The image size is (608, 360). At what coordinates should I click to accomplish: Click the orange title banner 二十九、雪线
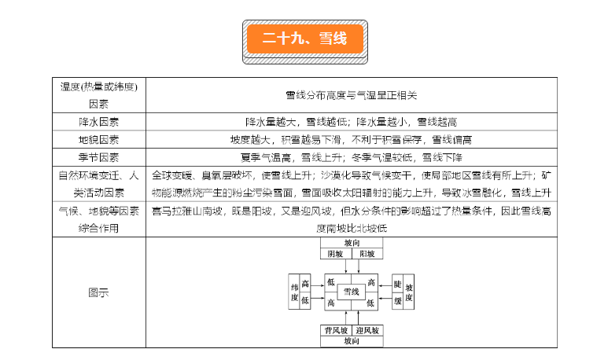304,39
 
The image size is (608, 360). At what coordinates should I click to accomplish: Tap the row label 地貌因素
98,139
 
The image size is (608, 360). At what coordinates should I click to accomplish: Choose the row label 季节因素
98,156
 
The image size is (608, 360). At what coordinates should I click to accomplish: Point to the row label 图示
98,292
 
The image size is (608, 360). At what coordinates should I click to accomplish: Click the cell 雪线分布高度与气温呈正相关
351,95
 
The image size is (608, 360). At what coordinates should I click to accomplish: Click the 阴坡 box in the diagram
335,254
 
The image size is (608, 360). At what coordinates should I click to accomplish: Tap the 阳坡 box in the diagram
367,254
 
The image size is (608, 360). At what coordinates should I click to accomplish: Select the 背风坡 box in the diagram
335,330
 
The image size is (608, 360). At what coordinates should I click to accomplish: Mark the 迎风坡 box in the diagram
367,330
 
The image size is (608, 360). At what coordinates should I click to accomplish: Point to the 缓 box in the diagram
397,300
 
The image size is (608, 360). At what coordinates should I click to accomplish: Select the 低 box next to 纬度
306,300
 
